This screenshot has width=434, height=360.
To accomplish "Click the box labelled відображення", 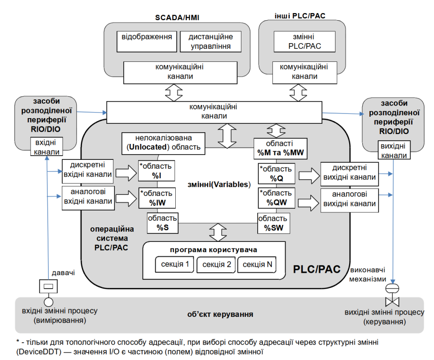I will (x=146, y=42).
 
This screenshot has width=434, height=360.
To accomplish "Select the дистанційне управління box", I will (x=210, y=42).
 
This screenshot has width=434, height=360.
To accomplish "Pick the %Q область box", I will (x=276, y=173).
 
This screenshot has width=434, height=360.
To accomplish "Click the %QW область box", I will (x=276, y=198).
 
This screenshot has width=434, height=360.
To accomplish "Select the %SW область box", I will (x=274, y=223).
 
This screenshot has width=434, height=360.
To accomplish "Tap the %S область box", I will (x=163, y=223).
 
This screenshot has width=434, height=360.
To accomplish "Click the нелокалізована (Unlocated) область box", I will (x=164, y=142).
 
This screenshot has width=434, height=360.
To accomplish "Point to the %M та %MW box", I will (x=280, y=147).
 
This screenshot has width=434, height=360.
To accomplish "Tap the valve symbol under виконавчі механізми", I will (x=392, y=297).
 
